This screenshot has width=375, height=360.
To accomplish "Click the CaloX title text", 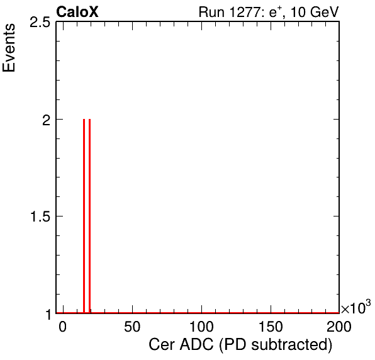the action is [x=77, y=12].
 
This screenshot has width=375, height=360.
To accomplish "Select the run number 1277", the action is [x=245, y=12].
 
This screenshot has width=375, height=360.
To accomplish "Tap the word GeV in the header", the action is [x=324, y=12].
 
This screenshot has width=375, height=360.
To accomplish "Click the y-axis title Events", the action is [x=9, y=48].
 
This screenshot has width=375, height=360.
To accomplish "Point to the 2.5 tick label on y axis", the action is [x=40, y=23].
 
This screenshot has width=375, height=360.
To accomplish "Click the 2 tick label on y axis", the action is [x=46, y=120].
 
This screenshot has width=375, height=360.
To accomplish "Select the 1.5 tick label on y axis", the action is [x=40, y=217].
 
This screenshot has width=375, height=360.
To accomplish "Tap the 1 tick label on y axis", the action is [x=48, y=315].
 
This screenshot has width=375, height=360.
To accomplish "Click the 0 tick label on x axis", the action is [x=63, y=326].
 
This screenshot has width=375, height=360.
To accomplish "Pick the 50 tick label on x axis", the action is [x=132, y=326].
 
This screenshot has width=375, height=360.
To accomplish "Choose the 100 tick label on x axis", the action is [x=201, y=326].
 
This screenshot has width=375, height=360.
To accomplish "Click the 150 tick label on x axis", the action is [x=271, y=326].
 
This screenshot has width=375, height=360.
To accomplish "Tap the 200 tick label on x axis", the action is [x=339, y=326].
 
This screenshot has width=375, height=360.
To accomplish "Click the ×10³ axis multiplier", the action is [x=356, y=307].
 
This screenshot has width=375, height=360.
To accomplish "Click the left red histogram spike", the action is [x=84, y=216].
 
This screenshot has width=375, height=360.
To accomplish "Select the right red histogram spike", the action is [x=89, y=216].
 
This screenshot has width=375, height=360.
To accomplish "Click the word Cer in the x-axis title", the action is [x=162, y=345].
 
